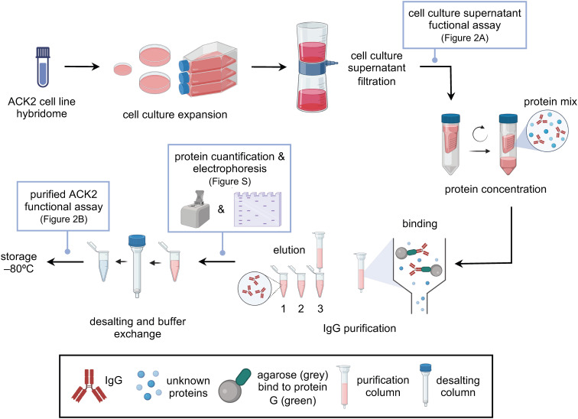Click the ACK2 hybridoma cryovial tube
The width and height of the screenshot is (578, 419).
click(43, 67)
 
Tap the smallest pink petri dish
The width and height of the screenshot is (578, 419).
click(123, 69)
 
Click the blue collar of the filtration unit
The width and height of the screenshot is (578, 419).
click(314, 67)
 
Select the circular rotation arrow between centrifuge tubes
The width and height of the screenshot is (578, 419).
click(480, 134)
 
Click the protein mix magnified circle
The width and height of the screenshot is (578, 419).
click(547, 131)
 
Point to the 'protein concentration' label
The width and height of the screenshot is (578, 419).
click(495, 190)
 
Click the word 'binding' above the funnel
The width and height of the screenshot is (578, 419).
click(420, 224)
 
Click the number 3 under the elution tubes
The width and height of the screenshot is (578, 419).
click(320, 309)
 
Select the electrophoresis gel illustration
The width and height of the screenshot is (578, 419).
click(258, 209)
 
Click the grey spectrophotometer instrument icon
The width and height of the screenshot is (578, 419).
click(196, 209)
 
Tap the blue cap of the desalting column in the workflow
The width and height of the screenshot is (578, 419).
click(137, 241)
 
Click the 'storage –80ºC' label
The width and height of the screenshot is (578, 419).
click(19, 262)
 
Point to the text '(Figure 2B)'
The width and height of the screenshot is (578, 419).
click(63, 219)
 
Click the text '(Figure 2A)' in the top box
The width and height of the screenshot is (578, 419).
click(465, 38)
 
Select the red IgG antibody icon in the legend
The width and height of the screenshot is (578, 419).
click(89, 385)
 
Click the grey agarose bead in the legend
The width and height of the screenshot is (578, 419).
click(229, 391)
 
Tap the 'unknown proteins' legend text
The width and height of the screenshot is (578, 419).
click(188, 387)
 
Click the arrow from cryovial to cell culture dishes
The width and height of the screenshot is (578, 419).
click(82, 67)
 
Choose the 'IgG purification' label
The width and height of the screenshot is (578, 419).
click(359, 328)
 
